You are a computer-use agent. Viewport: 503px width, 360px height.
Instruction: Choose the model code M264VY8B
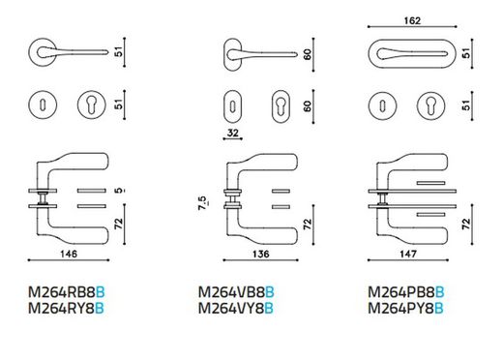coord(236,310)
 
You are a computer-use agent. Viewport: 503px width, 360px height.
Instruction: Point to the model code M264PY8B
coord(406,310)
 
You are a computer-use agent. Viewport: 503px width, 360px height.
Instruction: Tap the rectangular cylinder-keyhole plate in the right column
coord(430,105)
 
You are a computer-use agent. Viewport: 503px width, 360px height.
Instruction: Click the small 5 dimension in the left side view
coord(116,194)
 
